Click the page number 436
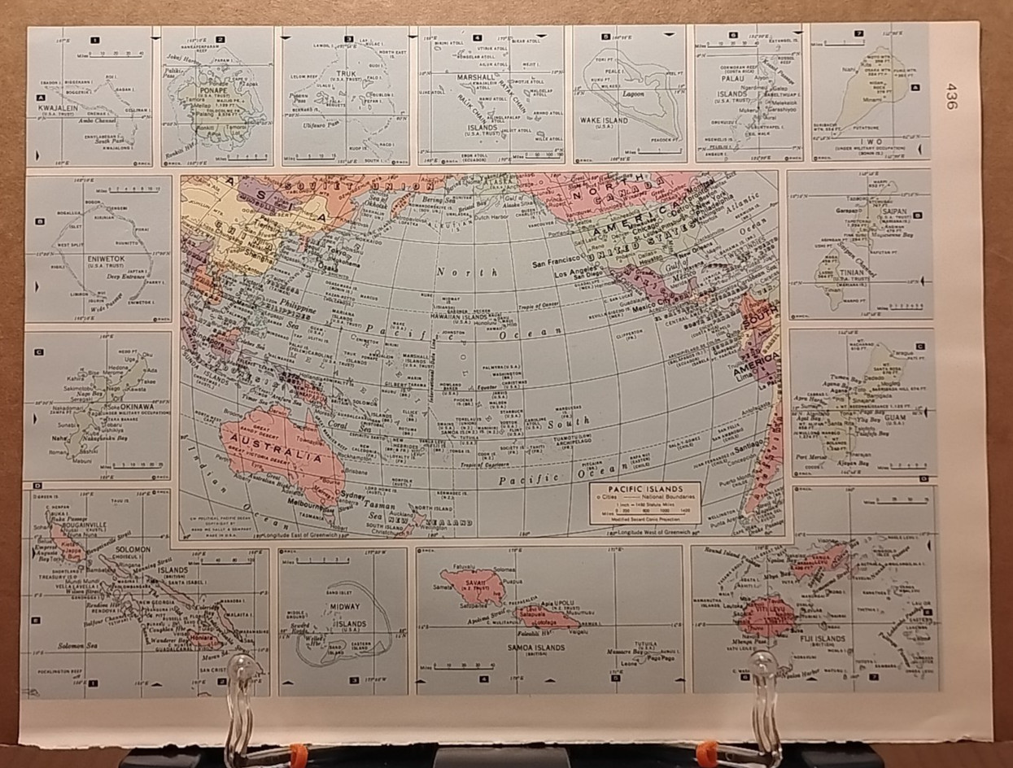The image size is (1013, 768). pos(951,95)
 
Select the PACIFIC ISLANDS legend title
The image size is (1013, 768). pos(645,488)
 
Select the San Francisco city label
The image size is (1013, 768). pos(561,264)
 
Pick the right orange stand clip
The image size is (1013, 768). pos(706,747)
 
